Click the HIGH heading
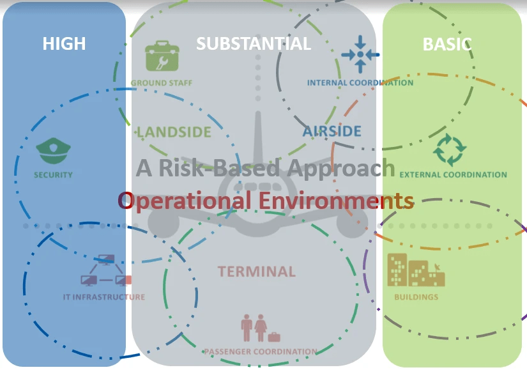64,43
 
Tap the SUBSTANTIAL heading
254,43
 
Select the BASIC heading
447,44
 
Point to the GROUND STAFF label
162,83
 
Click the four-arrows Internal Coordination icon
360,54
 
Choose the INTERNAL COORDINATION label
360,82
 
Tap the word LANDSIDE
174,132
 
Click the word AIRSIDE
332,132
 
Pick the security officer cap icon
53,151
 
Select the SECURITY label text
53,175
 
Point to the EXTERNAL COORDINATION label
453,174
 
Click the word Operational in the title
185,201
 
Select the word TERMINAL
257,272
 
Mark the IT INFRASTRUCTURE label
104,297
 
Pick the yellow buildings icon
416,270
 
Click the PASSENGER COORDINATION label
260,351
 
